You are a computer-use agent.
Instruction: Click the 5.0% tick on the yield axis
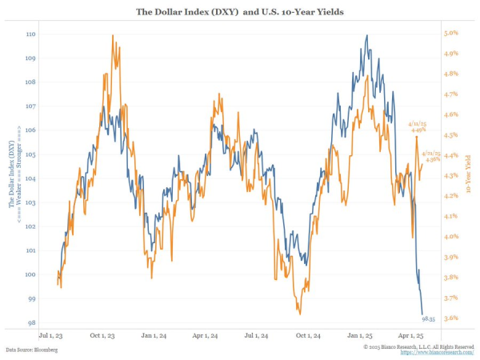tap(450, 34)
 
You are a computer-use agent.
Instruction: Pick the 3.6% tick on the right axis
tap(450, 318)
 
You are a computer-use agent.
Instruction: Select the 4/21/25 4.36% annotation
tap(434, 156)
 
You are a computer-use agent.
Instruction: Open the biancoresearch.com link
tap(442, 352)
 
